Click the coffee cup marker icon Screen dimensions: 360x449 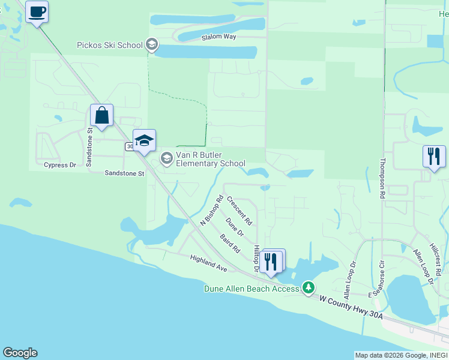tap(37, 12)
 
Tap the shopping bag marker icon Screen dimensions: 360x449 tap(101, 115)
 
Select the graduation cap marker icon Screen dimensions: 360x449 tap(144, 141)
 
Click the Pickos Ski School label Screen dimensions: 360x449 tap(110, 45)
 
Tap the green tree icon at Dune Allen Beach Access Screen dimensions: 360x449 tap(309, 289)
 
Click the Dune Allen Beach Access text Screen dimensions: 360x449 tap(252, 289)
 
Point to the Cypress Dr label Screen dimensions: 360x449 tap(60, 164)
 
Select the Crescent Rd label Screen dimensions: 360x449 tap(240, 210)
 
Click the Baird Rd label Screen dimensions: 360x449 tap(230, 242)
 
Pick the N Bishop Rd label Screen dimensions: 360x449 tap(211, 210)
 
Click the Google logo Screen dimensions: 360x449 tap(20, 353)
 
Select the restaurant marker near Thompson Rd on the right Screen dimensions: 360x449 tap(433, 157)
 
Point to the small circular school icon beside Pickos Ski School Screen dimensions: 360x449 tap(152, 44)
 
